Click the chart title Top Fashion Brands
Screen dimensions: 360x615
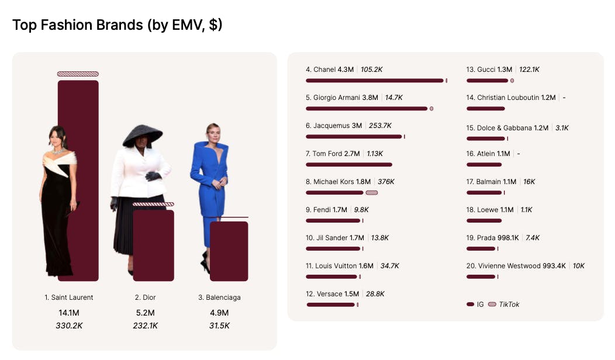[117, 25]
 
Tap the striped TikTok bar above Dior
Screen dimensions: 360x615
[153, 204]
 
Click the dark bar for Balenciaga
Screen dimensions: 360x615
[229, 251]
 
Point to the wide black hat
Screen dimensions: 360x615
[142, 135]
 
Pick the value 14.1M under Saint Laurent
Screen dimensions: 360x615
[69, 313]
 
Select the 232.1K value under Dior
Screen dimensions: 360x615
[145, 326]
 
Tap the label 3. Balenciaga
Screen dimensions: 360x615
[219, 297]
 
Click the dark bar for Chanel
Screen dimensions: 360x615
[374, 81]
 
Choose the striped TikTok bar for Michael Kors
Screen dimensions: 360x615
[371, 193]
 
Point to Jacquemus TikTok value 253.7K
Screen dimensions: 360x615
[380, 126]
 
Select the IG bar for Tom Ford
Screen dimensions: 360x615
[348, 165]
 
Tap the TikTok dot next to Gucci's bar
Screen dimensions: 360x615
[512, 81]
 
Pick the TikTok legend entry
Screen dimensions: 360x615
[503, 304]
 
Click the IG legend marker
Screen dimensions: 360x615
[470, 304]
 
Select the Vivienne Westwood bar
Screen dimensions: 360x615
[481, 277]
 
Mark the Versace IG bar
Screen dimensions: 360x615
[330, 304]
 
